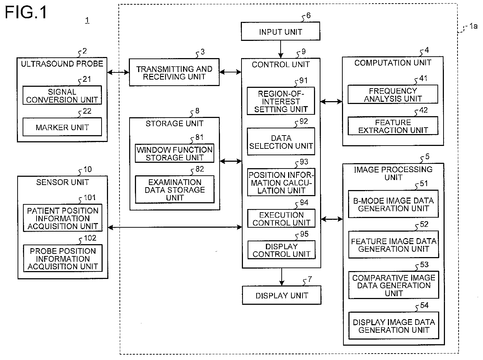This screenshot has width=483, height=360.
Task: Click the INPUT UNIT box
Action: [x=280, y=31]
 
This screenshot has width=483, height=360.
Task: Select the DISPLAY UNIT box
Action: [x=282, y=295]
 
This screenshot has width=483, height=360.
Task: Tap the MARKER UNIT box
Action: [x=62, y=127]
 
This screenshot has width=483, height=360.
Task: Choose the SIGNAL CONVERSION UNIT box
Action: [x=62, y=95]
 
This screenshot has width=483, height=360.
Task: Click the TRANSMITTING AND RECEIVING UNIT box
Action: [x=174, y=72]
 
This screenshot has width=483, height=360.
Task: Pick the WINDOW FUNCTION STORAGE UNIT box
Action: [x=174, y=153]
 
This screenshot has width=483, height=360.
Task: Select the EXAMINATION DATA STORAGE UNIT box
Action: [x=175, y=189]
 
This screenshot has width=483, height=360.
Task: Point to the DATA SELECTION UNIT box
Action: [x=281, y=142]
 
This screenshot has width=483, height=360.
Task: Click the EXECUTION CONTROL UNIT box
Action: [x=281, y=218]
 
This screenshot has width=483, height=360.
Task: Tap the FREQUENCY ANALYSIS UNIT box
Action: [x=393, y=94]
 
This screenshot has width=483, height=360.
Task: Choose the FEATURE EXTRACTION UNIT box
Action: [x=393, y=126]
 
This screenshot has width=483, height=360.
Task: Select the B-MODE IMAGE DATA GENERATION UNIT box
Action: [x=393, y=204]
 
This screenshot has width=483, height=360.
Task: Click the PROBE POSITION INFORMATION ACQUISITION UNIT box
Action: [x=63, y=259]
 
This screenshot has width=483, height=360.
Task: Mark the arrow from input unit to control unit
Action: [x=281, y=49]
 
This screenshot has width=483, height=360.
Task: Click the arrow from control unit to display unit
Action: [x=282, y=277]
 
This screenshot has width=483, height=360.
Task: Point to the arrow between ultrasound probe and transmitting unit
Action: [x=118, y=72]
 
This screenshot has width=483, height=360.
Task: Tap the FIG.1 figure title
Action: [x=26, y=12]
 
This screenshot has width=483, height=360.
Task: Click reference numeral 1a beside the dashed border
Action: [x=473, y=26]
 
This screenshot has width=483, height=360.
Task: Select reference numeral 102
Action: [x=90, y=238]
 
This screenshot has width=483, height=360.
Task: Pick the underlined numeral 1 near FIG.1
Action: [x=87, y=20]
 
